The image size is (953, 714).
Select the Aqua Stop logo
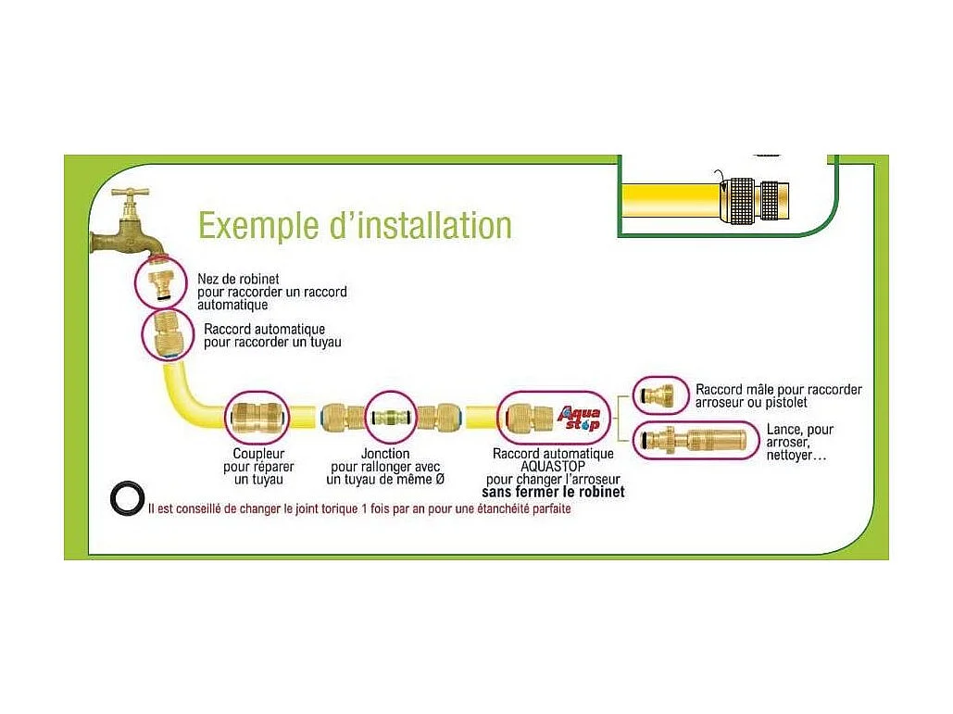(x=577, y=420)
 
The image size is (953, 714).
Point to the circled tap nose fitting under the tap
(x=165, y=282)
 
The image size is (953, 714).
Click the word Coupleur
(x=258, y=454)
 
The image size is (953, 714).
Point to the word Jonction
(x=385, y=454)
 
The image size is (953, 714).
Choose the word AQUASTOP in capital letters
(x=553, y=467)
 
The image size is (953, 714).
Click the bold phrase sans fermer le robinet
(x=553, y=492)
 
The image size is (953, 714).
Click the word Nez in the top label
(x=208, y=279)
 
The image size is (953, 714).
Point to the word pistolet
(x=784, y=402)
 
